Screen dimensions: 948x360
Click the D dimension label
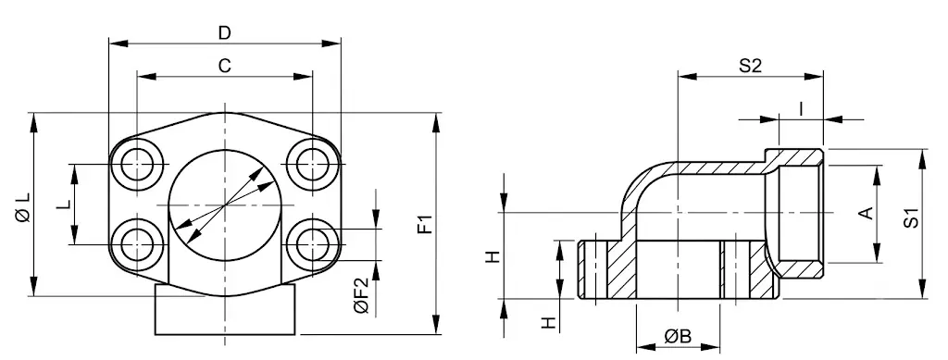(x=225, y=33)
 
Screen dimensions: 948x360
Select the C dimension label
(x=225, y=66)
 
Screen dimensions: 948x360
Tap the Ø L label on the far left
(x=23, y=206)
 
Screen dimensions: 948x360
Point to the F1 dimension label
(x=427, y=224)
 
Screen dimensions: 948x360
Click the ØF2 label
(x=361, y=295)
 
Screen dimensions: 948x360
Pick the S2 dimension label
(x=750, y=66)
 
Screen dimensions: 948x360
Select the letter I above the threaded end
(x=801, y=108)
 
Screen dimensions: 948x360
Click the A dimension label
(x=867, y=213)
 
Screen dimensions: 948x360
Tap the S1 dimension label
(x=911, y=218)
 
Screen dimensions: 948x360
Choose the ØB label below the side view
(x=678, y=336)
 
